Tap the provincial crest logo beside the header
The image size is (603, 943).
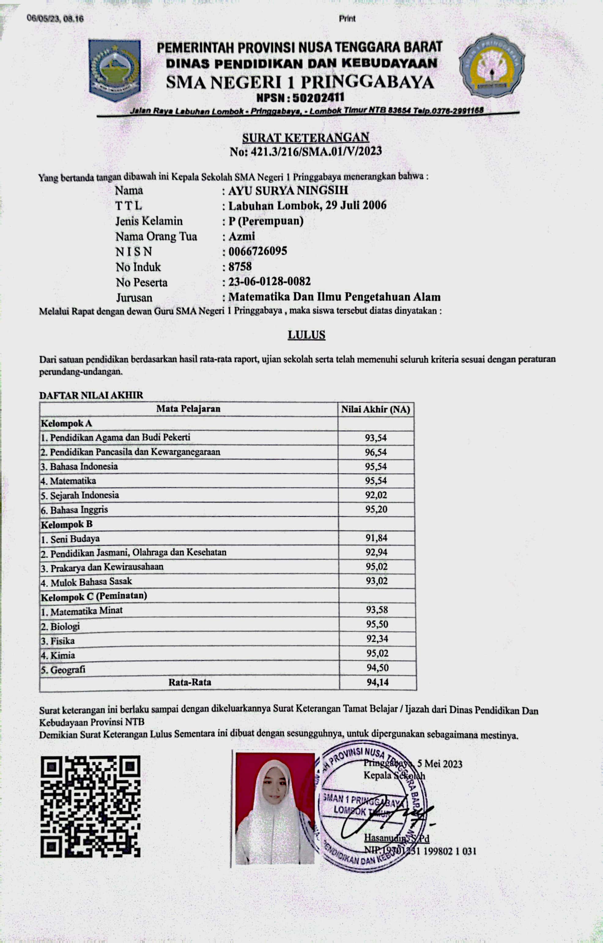pos(114,70)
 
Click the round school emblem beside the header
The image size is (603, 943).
pos(492,65)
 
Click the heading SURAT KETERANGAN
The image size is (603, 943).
pos(305,138)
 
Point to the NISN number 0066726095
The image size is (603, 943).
pos(258,251)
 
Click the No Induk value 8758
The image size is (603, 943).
pos(240,266)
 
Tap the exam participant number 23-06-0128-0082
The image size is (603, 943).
pos(269,282)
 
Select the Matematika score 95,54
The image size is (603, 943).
pos(376,480)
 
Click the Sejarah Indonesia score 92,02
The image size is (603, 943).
pos(376,495)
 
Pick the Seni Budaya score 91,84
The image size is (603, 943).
pos(376,538)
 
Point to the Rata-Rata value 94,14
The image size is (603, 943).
pos(377,682)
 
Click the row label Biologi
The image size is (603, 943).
pos(65,627)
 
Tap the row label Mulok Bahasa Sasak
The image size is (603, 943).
pos(91,582)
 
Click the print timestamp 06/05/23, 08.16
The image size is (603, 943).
pos(55,18)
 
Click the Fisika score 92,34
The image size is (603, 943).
pos(377,639)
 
